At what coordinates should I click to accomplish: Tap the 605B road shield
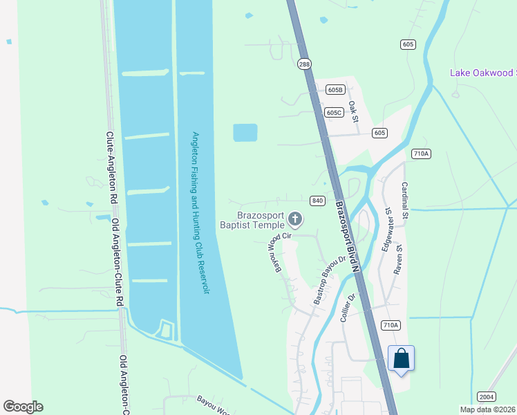[x=335, y=90]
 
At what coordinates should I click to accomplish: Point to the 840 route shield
[x=317, y=201]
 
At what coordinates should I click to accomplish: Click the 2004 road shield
[x=487, y=396]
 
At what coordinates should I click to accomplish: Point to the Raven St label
[x=398, y=259]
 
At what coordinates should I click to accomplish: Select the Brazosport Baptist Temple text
[x=252, y=220]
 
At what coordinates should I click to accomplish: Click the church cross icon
[x=295, y=221]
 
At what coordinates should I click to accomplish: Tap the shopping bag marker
[x=401, y=358]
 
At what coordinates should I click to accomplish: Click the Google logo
[x=23, y=407]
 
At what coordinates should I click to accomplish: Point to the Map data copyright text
[x=488, y=409]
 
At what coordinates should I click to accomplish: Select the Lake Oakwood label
[x=482, y=73]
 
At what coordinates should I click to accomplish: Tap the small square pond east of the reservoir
[x=245, y=132]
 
